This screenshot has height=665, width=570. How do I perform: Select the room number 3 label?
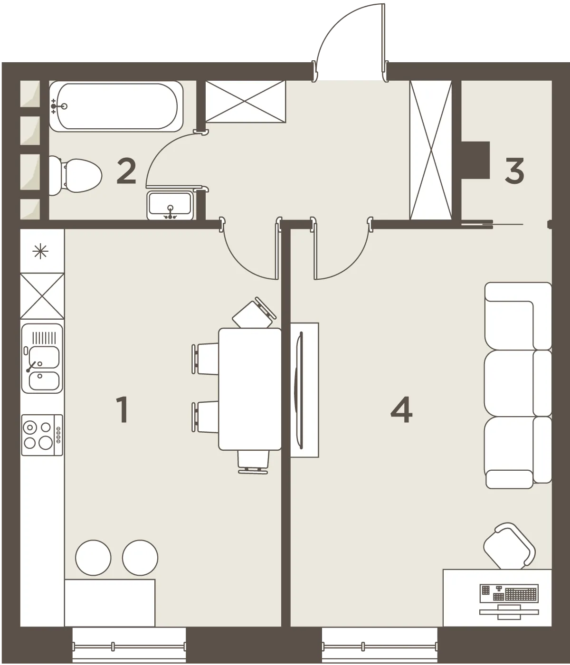coord(514,171)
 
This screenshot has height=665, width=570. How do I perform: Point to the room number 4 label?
coord(401,410)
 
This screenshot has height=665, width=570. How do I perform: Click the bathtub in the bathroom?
coord(116,106)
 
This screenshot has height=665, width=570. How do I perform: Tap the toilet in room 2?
coord(75,176)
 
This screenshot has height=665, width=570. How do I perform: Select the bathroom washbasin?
coord(170,205)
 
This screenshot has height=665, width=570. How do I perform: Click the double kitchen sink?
coord(42,359)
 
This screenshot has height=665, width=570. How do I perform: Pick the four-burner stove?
coord(42,435)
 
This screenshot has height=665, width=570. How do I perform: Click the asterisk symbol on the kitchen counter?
coord(40,251)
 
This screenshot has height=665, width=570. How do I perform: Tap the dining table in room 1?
coord(250,389)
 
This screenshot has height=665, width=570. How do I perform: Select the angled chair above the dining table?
coord(254,312)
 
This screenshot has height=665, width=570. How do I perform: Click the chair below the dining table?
coord(253,462)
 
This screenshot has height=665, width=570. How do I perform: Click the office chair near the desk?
coord(510,547)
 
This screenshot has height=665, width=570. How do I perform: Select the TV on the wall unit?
coord(301,390)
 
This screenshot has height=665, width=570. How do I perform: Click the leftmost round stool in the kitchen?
coord(93,558)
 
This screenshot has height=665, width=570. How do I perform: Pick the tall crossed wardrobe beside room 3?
coord(431,150)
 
